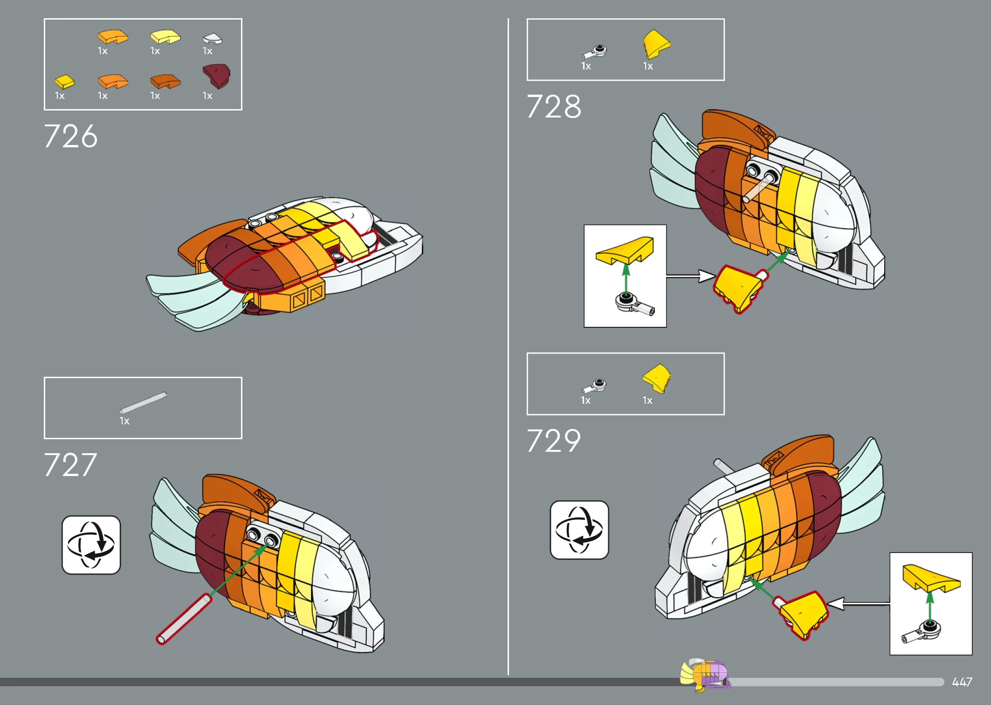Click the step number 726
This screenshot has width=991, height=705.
(x=70, y=136)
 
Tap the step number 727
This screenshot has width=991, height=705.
(x=70, y=465)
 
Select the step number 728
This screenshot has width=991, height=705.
(x=554, y=106)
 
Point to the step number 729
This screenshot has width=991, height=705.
(x=554, y=441)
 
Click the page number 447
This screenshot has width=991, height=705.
(x=962, y=682)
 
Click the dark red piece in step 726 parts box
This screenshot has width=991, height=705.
(x=216, y=76)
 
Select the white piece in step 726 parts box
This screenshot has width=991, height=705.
(x=213, y=39)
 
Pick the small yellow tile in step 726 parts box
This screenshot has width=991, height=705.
(x=64, y=82)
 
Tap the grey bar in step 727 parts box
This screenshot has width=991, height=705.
(x=143, y=402)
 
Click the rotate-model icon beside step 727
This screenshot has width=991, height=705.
(x=91, y=545)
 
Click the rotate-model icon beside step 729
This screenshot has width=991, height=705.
(x=579, y=530)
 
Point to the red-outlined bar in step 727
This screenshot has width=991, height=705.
(x=184, y=619)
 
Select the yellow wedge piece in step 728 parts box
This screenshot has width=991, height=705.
(x=656, y=44)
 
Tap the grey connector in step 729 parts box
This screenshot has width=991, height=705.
(x=594, y=386)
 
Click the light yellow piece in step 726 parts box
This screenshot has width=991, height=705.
(x=165, y=37)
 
